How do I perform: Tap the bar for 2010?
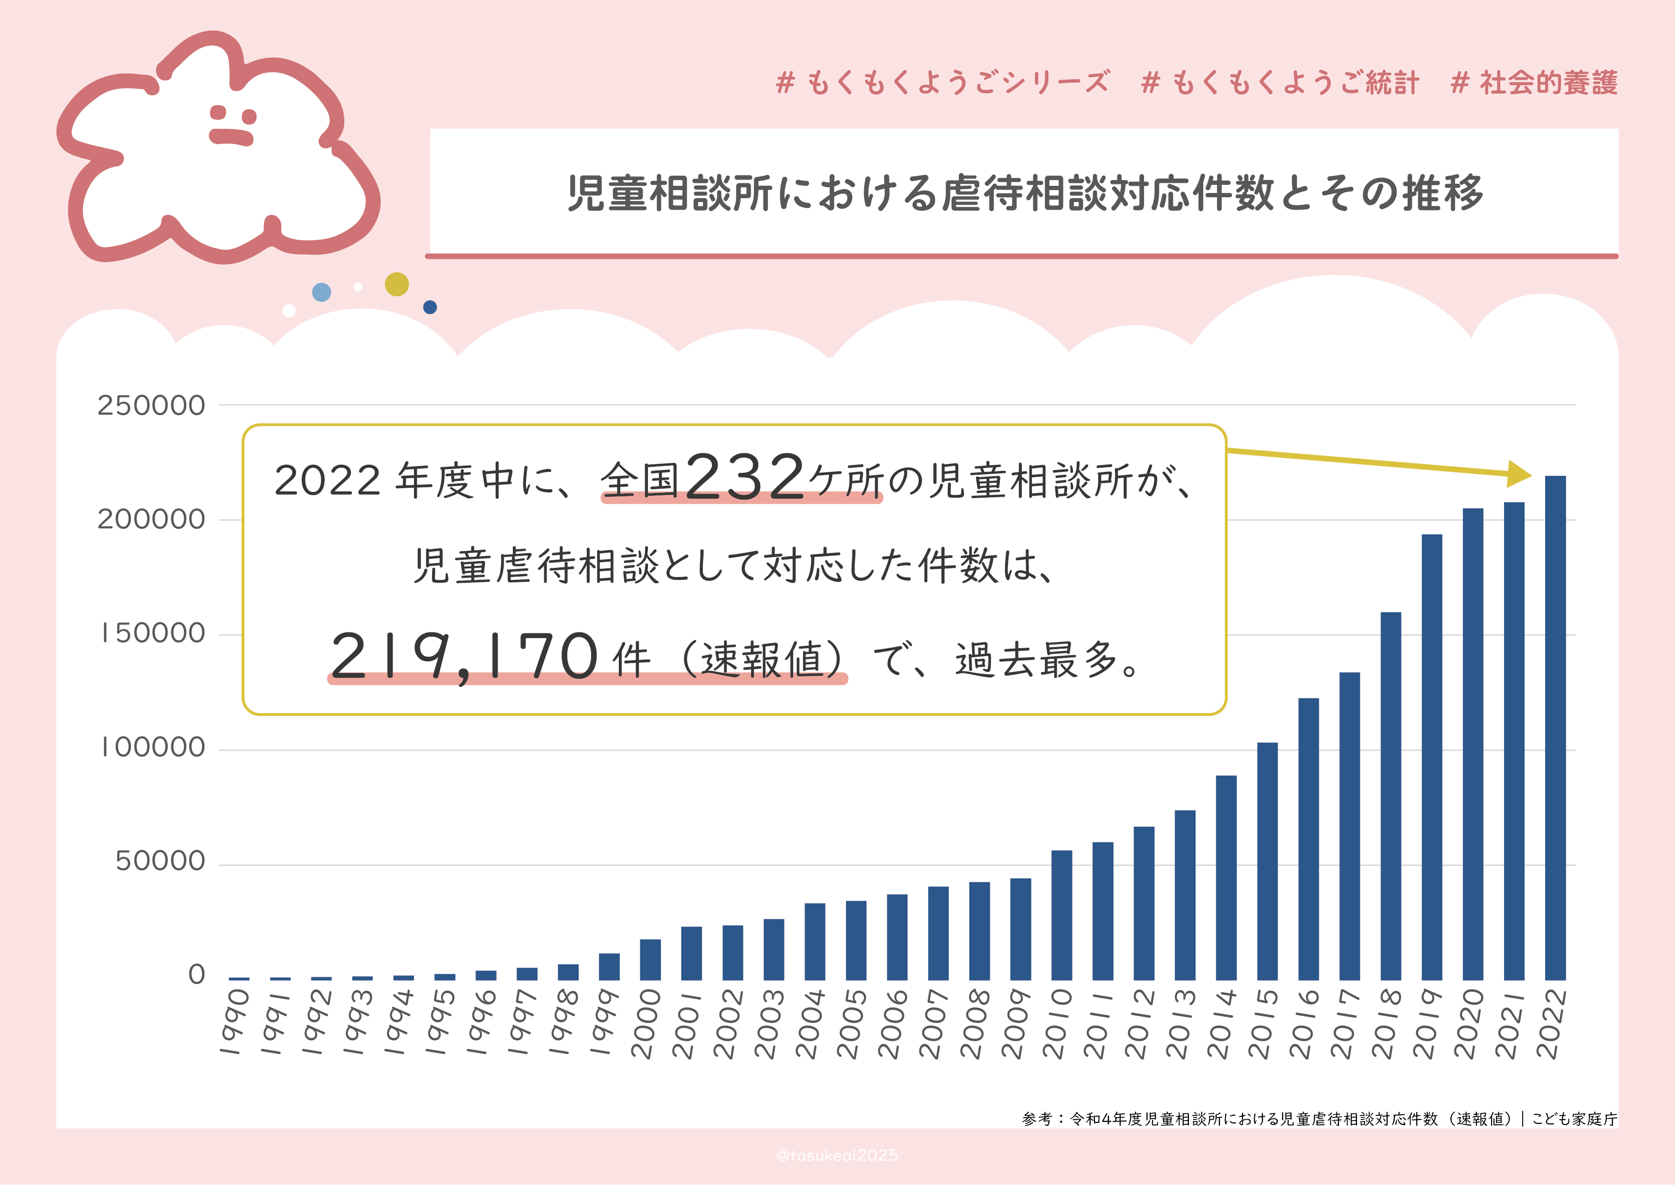pyautogui.click(x=1061, y=915)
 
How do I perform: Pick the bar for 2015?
pyautogui.click(x=1267, y=861)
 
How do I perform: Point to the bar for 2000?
pyautogui.click(x=650, y=960)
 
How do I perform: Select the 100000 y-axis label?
pyautogui.click(x=152, y=748)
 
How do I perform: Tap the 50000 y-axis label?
pyautogui.click(x=160, y=862)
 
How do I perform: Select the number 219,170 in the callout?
pyautogui.click(x=464, y=656)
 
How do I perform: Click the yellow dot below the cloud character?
pyautogui.click(x=396, y=284)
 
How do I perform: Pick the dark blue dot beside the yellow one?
pyautogui.click(x=430, y=307)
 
